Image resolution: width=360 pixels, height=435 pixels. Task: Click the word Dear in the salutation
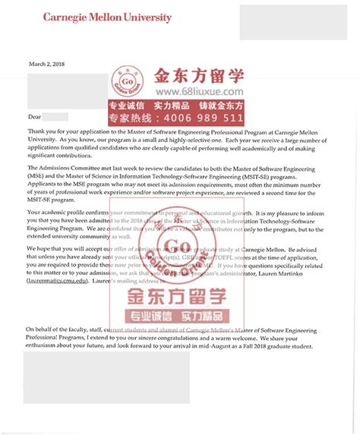33,117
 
